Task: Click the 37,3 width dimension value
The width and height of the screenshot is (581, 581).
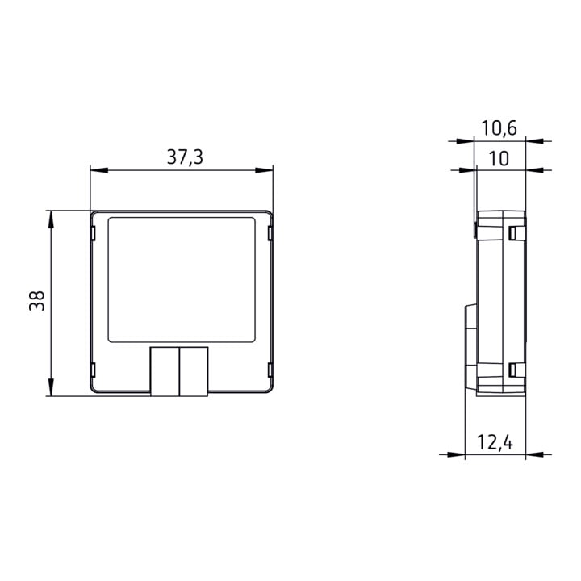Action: pos(185,157)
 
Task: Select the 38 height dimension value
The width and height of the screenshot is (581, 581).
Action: pos(37,301)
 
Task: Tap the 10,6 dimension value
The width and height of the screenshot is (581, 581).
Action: pos(499,128)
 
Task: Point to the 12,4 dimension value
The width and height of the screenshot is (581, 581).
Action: pos(495,442)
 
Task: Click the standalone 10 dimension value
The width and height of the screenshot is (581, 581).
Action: pos(499,159)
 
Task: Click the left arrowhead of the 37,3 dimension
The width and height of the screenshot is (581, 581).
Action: pos(99,170)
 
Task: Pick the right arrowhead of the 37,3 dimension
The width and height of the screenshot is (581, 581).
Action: pos(264,170)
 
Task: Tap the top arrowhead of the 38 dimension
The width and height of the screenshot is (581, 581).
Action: pos(51,219)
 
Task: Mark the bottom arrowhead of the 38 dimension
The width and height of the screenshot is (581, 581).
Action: pos(51,387)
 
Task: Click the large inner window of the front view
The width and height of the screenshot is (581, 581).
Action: pos(182,280)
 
